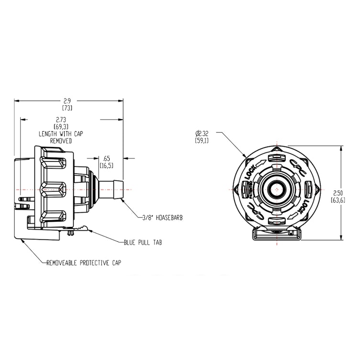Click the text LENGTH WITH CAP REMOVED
tap(61, 138)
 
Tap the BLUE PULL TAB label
tap(143, 243)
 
